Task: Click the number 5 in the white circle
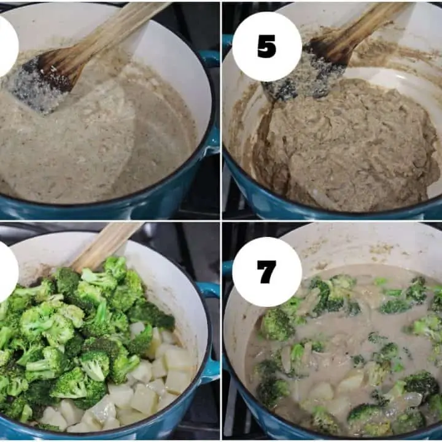tap(266, 47)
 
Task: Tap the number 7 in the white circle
tap(266, 272)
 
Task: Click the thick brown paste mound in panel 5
tap(347, 141)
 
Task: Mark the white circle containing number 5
tap(266, 47)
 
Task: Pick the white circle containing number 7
tap(266, 272)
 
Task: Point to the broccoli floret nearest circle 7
tap(277, 324)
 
